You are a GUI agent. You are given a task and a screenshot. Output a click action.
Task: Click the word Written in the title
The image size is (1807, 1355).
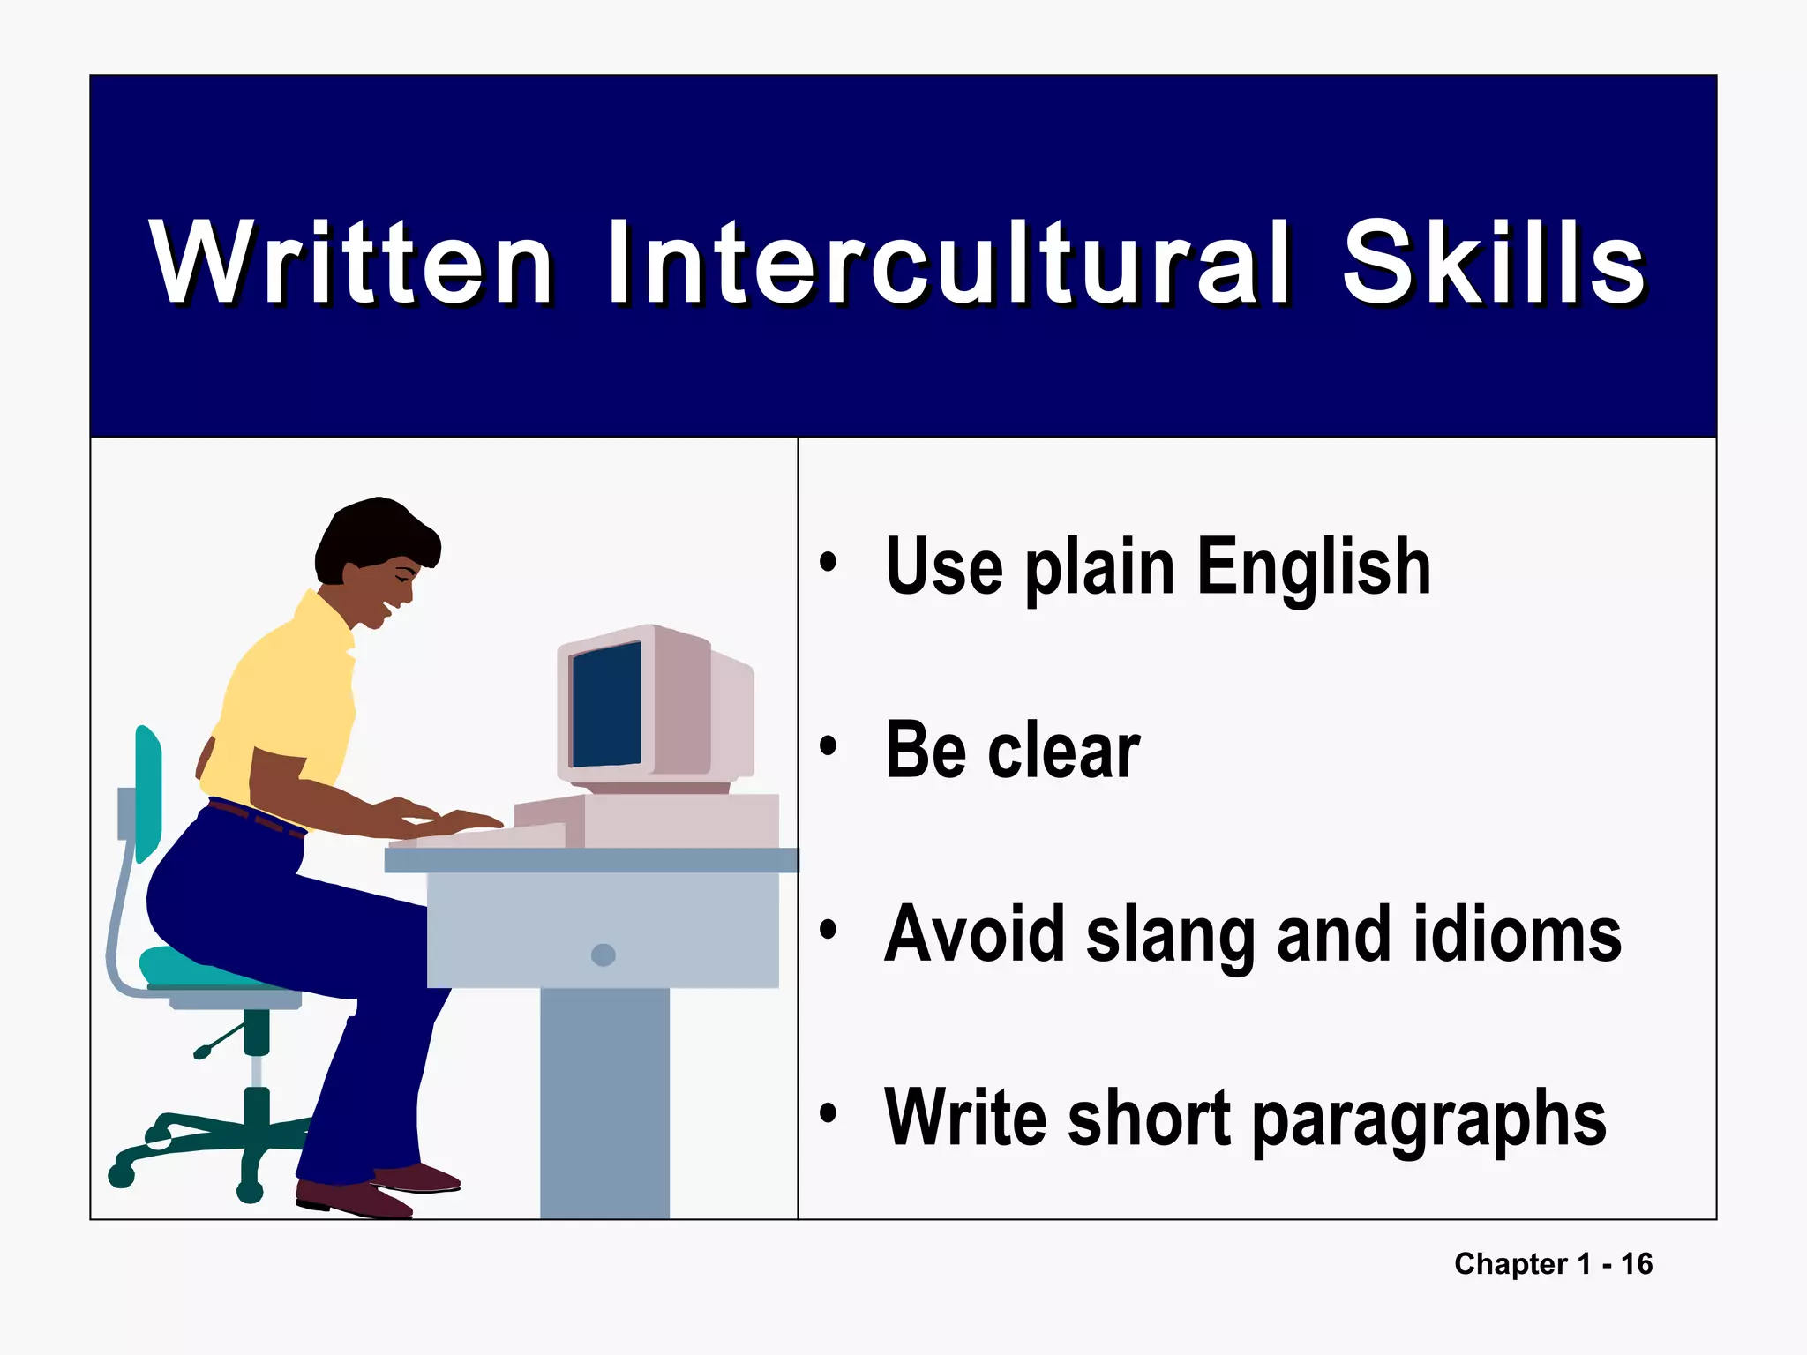[x=351, y=263]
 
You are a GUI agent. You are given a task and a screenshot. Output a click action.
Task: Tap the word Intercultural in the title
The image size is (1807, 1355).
[x=949, y=263]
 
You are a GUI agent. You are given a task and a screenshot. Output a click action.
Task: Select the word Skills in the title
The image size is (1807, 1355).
[x=1493, y=263]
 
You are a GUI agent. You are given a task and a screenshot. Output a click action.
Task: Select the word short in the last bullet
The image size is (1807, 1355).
[x=1149, y=1119]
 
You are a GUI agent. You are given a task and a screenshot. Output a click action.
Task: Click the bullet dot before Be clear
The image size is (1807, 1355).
[x=828, y=747]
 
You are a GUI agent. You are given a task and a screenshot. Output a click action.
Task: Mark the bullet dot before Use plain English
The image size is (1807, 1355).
[x=828, y=562]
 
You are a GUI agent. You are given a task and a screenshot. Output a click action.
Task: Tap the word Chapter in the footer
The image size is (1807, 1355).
[x=1511, y=1264]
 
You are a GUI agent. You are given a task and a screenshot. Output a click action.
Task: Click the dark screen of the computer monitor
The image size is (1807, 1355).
[x=607, y=706]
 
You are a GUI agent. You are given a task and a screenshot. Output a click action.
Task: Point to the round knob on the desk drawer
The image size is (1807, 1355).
[x=604, y=954]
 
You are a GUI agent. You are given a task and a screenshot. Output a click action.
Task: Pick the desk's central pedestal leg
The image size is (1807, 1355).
[x=604, y=1103]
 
